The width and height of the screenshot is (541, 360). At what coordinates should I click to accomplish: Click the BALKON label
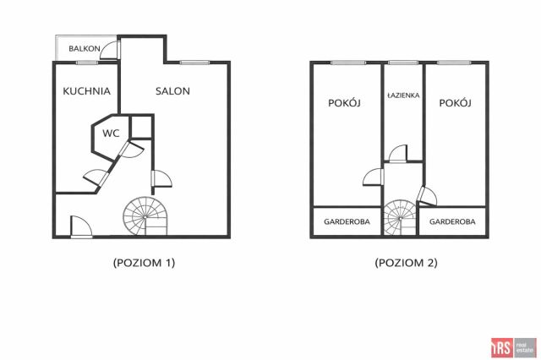tap(85, 49)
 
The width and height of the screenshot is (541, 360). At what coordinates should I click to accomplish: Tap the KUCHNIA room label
tap(86, 91)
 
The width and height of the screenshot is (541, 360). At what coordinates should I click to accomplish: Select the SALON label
tap(172, 91)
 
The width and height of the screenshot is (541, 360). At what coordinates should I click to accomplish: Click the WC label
tap(111, 134)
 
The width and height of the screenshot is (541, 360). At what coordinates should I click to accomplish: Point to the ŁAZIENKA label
tap(403, 95)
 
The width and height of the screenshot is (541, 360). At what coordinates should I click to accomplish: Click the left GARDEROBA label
tap(347, 221)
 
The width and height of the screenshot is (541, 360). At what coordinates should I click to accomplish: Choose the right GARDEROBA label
tap(452, 221)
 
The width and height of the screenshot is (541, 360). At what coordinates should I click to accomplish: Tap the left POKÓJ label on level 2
tap(344, 103)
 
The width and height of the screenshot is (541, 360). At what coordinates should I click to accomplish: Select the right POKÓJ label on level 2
tap(455, 103)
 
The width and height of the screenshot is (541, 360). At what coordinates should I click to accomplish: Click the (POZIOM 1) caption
tap(145, 263)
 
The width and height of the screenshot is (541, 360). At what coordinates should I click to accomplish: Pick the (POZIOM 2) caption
tap(406, 263)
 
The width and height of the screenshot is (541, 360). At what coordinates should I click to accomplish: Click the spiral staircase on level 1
tap(145, 216)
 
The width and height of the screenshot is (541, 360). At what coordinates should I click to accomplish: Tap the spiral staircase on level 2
tap(400, 218)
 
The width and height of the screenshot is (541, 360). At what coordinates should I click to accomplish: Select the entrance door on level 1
tap(81, 226)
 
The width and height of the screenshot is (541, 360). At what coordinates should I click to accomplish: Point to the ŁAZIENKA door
tap(398, 154)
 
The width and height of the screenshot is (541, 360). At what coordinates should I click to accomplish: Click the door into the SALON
tap(161, 178)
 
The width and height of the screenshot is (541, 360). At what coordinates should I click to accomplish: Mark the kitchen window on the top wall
tap(87, 63)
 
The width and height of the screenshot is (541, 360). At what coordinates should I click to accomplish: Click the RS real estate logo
tap(514, 347)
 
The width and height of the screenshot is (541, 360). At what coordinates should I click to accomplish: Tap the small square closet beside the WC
tap(141, 127)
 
